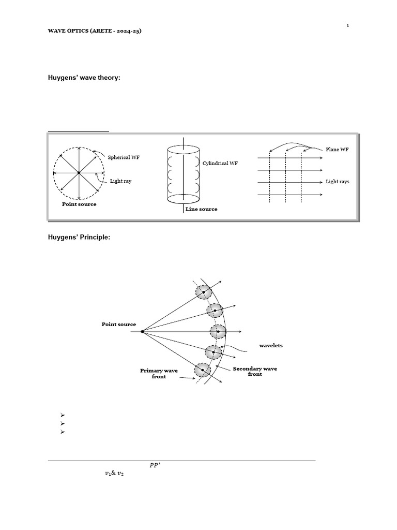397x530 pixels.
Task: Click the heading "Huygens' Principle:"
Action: click(79, 237)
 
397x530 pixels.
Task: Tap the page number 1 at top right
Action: click(347, 25)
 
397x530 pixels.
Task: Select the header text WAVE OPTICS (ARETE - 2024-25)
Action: click(95, 31)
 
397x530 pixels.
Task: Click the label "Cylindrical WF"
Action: click(220, 164)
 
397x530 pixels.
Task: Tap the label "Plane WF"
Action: click(337, 150)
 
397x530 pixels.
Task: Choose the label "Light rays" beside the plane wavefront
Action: click(337, 182)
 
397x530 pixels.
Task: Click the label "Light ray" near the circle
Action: click(120, 181)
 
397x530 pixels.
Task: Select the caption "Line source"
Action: click(202, 209)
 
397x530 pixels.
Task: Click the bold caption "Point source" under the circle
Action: click(79, 204)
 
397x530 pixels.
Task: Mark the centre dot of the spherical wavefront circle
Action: click(79, 173)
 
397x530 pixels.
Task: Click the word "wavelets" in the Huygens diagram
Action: click(271, 345)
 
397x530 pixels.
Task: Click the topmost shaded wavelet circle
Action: click(203, 292)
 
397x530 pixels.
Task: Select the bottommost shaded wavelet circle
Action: click(202, 371)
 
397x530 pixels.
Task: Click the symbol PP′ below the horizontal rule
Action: click(155, 465)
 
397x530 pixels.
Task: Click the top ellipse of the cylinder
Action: click(184, 149)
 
